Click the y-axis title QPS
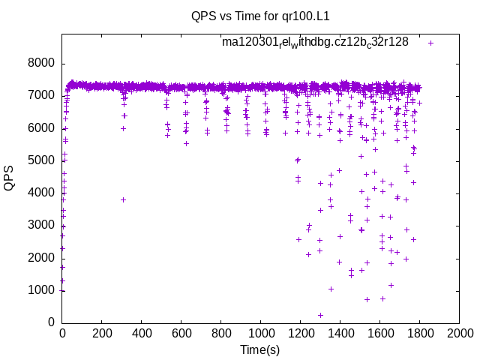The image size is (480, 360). point(10,178)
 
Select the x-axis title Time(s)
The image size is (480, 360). point(260,349)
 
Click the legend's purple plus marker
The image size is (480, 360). point(430,43)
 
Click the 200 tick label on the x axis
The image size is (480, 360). point(102,333)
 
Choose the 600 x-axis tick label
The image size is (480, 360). point(181,333)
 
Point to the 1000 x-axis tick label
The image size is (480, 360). point(261,333)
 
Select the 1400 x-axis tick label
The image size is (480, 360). point(340,333)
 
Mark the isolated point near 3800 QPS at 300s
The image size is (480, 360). point(123,199)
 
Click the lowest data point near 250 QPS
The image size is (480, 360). point(320,315)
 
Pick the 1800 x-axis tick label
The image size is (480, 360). point(419,333)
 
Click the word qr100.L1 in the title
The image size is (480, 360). point(304,16)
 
